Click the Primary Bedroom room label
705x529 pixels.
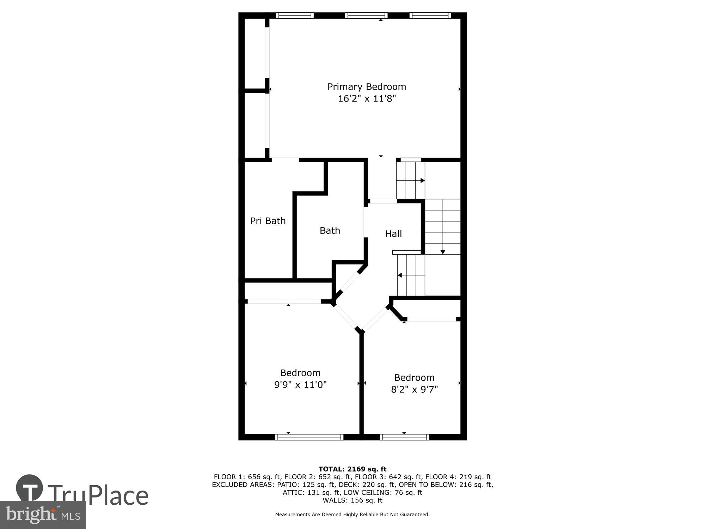367,87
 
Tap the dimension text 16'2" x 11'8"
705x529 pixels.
367,98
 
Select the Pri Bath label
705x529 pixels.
268,221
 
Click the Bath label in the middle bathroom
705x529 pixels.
330,231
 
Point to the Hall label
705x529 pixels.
393,234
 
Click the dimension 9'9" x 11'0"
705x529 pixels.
300,384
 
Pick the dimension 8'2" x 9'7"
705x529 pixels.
414,389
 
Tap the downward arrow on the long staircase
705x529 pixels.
443,252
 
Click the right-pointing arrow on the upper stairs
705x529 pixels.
422,181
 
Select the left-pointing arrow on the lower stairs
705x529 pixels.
400,275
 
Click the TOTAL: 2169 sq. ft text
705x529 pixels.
352,469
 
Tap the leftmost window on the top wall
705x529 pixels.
295,16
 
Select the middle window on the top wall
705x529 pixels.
366,16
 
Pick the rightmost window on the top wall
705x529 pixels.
430,16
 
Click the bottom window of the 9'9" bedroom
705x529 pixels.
309,437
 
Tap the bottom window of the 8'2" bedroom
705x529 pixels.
404,437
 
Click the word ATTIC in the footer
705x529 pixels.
292,493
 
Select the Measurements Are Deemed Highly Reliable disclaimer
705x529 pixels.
352,515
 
